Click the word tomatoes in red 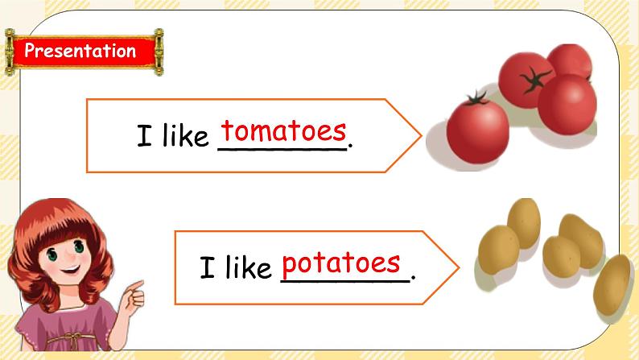(x=284, y=130)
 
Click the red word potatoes (x=341, y=263)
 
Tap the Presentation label (x=80, y=52)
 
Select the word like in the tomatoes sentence (x=183, y=137)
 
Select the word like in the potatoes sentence (x=248, y=267)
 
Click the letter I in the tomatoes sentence (x=144, y=137)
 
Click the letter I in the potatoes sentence (x=207, y=267)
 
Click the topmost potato (x=524, y=219)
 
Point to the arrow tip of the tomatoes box (x=418, y=135)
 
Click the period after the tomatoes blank (x=352, y=146)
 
